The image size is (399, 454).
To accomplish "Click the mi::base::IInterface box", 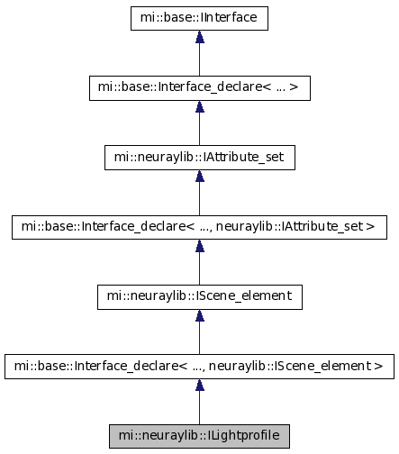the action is point(199,18).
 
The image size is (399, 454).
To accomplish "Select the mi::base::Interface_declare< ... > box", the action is point(200,88).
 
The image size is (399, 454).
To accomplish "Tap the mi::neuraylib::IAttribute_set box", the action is point(200,158).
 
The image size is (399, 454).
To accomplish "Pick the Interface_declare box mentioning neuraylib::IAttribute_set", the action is point(199,227).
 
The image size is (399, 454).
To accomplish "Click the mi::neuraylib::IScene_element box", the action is point(200,297).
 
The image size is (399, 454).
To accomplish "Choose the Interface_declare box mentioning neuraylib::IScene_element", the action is point(199,367).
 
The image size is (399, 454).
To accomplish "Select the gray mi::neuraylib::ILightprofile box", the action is point(199,436).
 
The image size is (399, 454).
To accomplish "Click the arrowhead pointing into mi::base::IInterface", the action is point(200,36).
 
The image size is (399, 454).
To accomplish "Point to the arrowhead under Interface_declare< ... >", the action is point(200,106).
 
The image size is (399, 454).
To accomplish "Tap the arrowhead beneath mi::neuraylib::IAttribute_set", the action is point(200,176).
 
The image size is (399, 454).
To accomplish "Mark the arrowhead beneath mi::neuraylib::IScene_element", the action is point(200,315).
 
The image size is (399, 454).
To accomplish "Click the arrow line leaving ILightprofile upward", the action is point(200,402).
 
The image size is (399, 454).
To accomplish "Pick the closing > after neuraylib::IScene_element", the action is point(378,366).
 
